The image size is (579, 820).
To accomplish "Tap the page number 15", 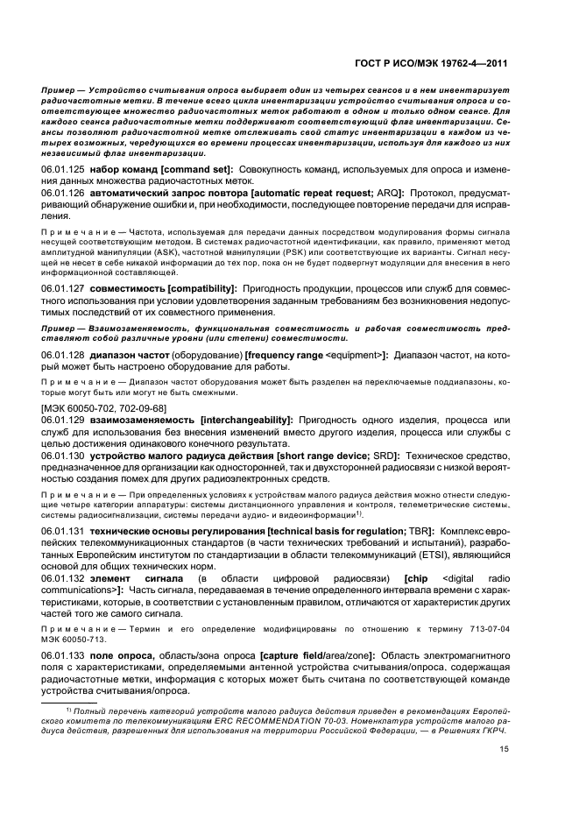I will pos(505,749).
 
